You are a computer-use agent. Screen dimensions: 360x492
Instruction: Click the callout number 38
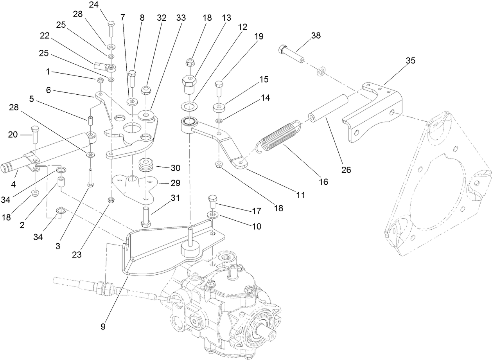coord(316,35)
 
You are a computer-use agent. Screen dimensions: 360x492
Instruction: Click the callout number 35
coord(410,61)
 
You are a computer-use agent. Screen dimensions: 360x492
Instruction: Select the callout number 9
coord(103,326)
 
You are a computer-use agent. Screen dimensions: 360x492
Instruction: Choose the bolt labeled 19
coord(219,88)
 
